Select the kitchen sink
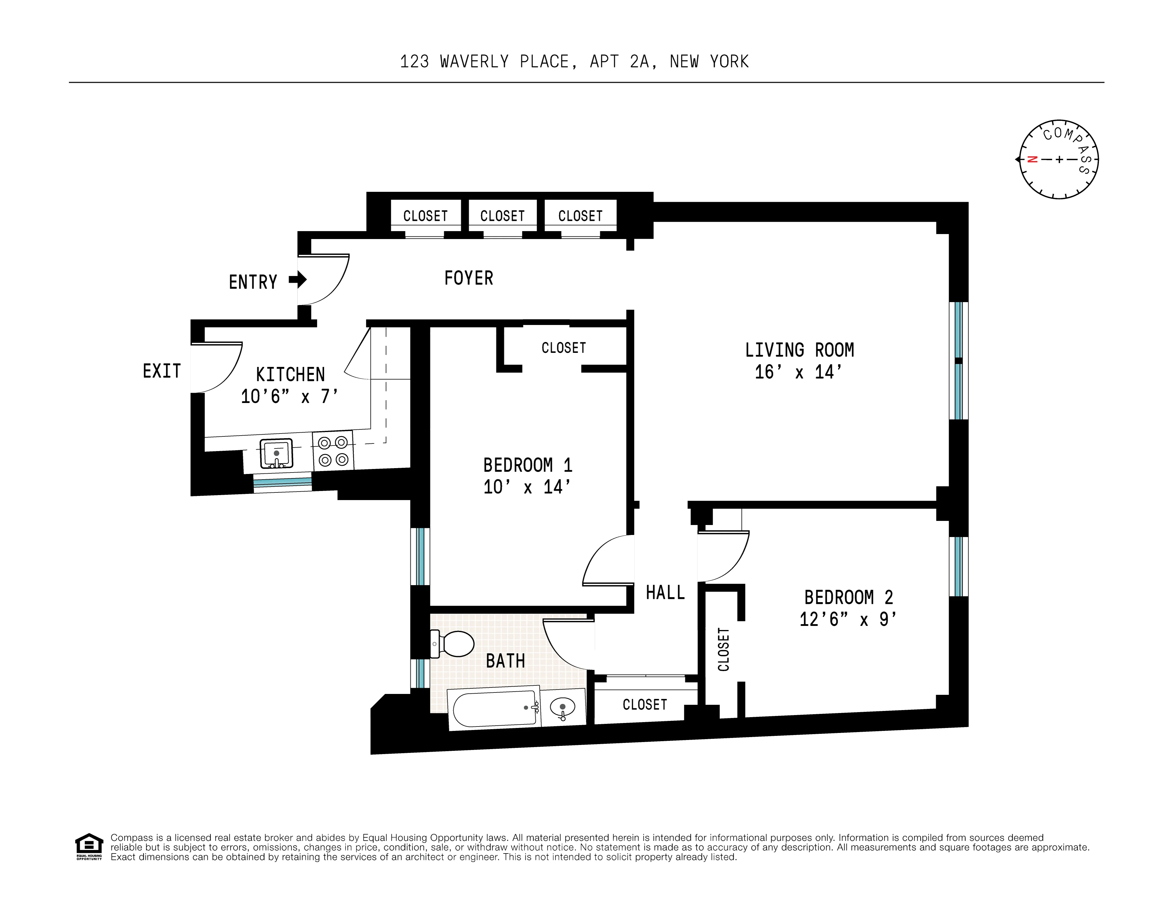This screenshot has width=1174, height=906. (x=276, y=453)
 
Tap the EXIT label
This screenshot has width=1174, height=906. (x=161, y=371)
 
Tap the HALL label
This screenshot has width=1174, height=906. (x=665, y=592)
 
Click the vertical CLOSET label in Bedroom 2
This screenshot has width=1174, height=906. (x=724, y=650)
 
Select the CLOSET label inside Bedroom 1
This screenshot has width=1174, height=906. (x=563, y=348)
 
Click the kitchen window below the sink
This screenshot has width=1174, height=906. (x=282, y=482)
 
